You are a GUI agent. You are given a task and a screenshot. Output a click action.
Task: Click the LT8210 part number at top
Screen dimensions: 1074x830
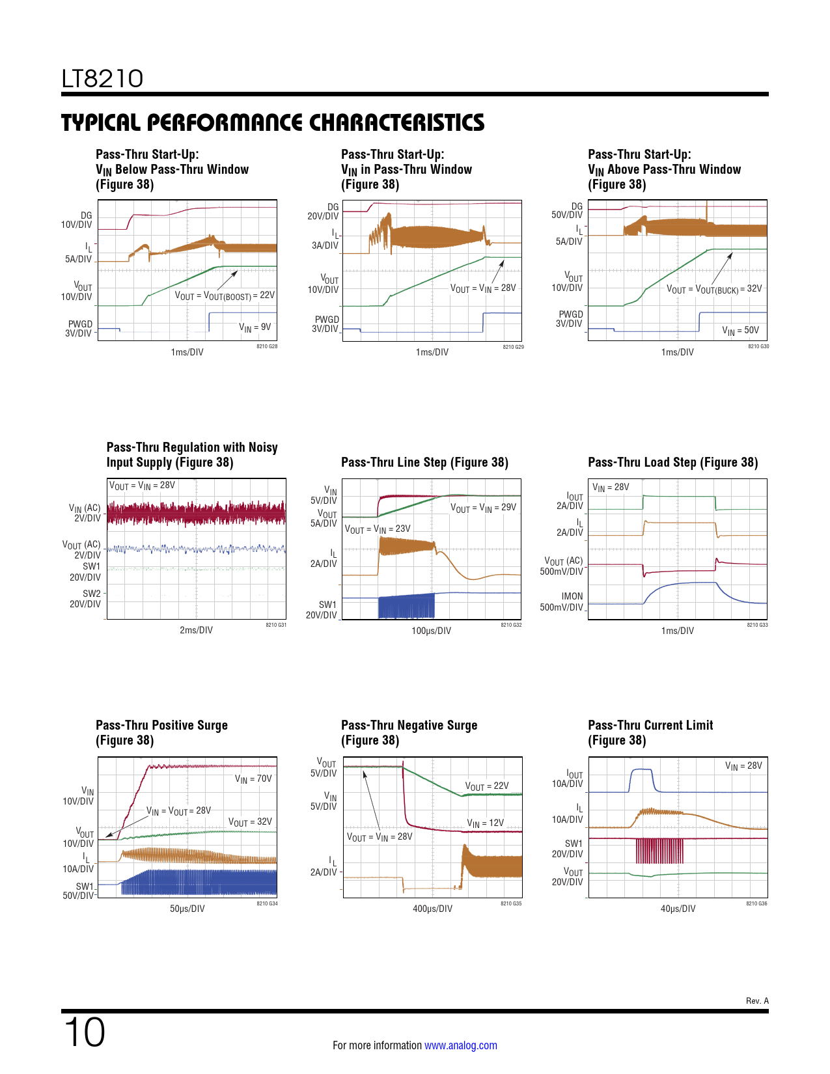pos(102,79)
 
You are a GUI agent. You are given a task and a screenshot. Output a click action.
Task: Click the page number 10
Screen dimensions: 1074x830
pos(85,1032)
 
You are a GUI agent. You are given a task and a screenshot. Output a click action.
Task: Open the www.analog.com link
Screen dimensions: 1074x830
pos(460,1045)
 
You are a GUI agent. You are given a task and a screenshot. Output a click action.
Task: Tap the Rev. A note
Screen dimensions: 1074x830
pos(757,1000)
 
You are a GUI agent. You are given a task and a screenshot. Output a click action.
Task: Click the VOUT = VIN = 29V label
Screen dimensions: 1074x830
pos(483,508)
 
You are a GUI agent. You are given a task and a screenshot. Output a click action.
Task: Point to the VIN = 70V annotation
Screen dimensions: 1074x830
pos(253,779)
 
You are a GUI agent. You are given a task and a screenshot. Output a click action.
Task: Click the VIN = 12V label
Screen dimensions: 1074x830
pos(485,823)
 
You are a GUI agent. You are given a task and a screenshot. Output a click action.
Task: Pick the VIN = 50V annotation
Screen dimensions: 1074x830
pos(740,331)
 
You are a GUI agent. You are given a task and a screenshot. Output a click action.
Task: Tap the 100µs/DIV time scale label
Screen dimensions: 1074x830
pos(431,631)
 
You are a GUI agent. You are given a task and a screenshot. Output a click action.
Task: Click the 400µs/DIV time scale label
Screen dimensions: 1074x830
pos(432,909)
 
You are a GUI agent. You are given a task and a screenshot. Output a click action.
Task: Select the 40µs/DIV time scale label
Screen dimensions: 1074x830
pos(678,909)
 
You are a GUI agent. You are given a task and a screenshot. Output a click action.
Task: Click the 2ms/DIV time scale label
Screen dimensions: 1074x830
pos(196,630)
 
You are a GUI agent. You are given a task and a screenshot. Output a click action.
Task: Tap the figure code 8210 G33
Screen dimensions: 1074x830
pos(757,625)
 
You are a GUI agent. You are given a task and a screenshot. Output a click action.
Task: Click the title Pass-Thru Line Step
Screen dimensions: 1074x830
pos(424,462)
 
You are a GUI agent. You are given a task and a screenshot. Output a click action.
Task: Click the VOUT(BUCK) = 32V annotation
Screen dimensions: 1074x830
pos(714,289)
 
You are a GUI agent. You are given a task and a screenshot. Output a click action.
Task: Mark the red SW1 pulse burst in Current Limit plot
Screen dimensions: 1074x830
pos(659,851)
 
